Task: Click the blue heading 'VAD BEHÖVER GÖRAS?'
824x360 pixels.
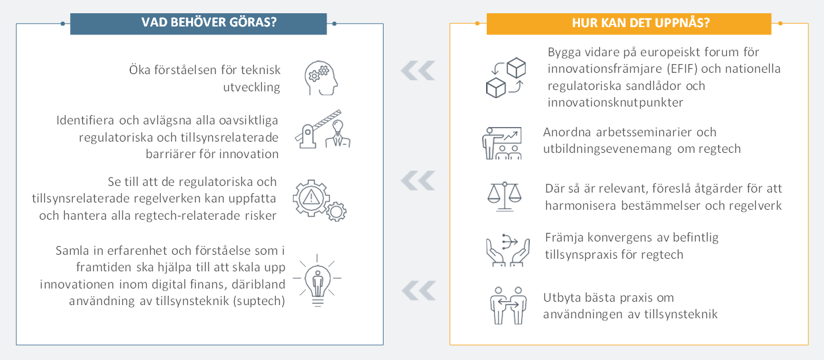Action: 208,22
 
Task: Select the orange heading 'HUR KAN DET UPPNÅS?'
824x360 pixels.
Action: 640,22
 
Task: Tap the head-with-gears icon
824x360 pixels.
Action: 321,78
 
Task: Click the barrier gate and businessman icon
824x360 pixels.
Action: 323,130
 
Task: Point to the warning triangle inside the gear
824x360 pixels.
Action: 311,198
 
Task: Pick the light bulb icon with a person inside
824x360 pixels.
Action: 317,280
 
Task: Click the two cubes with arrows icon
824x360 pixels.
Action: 505,77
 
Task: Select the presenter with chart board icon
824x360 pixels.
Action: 502,143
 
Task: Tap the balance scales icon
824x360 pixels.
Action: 505,197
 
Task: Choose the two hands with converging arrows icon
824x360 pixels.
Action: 508,250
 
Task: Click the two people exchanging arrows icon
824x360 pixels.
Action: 508,306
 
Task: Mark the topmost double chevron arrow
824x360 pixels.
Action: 418,70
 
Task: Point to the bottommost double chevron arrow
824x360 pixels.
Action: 419,291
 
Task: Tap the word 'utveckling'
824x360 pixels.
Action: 251,87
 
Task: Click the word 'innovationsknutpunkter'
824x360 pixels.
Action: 615,103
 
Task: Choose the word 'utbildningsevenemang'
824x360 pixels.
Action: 607,149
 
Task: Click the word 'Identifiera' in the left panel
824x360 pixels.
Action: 85,120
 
